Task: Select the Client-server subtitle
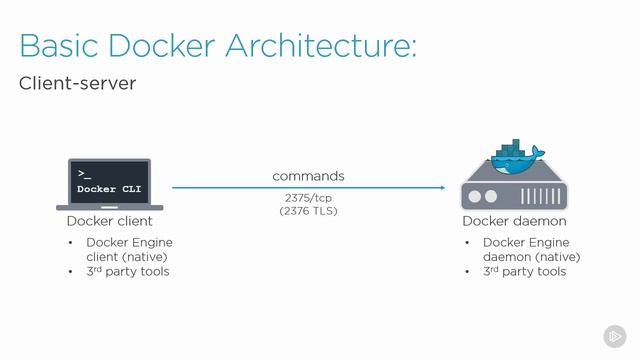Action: coord(77,84)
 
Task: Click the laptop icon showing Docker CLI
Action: coord(109,184)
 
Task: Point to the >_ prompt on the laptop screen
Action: coord(85,173)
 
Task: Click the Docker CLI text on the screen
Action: coord(109,189)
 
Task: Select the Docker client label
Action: coord(109,221)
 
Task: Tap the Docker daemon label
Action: coord(514,221)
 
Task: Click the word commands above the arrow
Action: coord(308,176)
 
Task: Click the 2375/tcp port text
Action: coord(308,197)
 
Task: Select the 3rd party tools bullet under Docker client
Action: coord(127,271)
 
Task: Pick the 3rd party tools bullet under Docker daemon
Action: coord(524,271)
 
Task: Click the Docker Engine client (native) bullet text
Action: coord(129,249)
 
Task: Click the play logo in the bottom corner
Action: coord(614,336)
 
